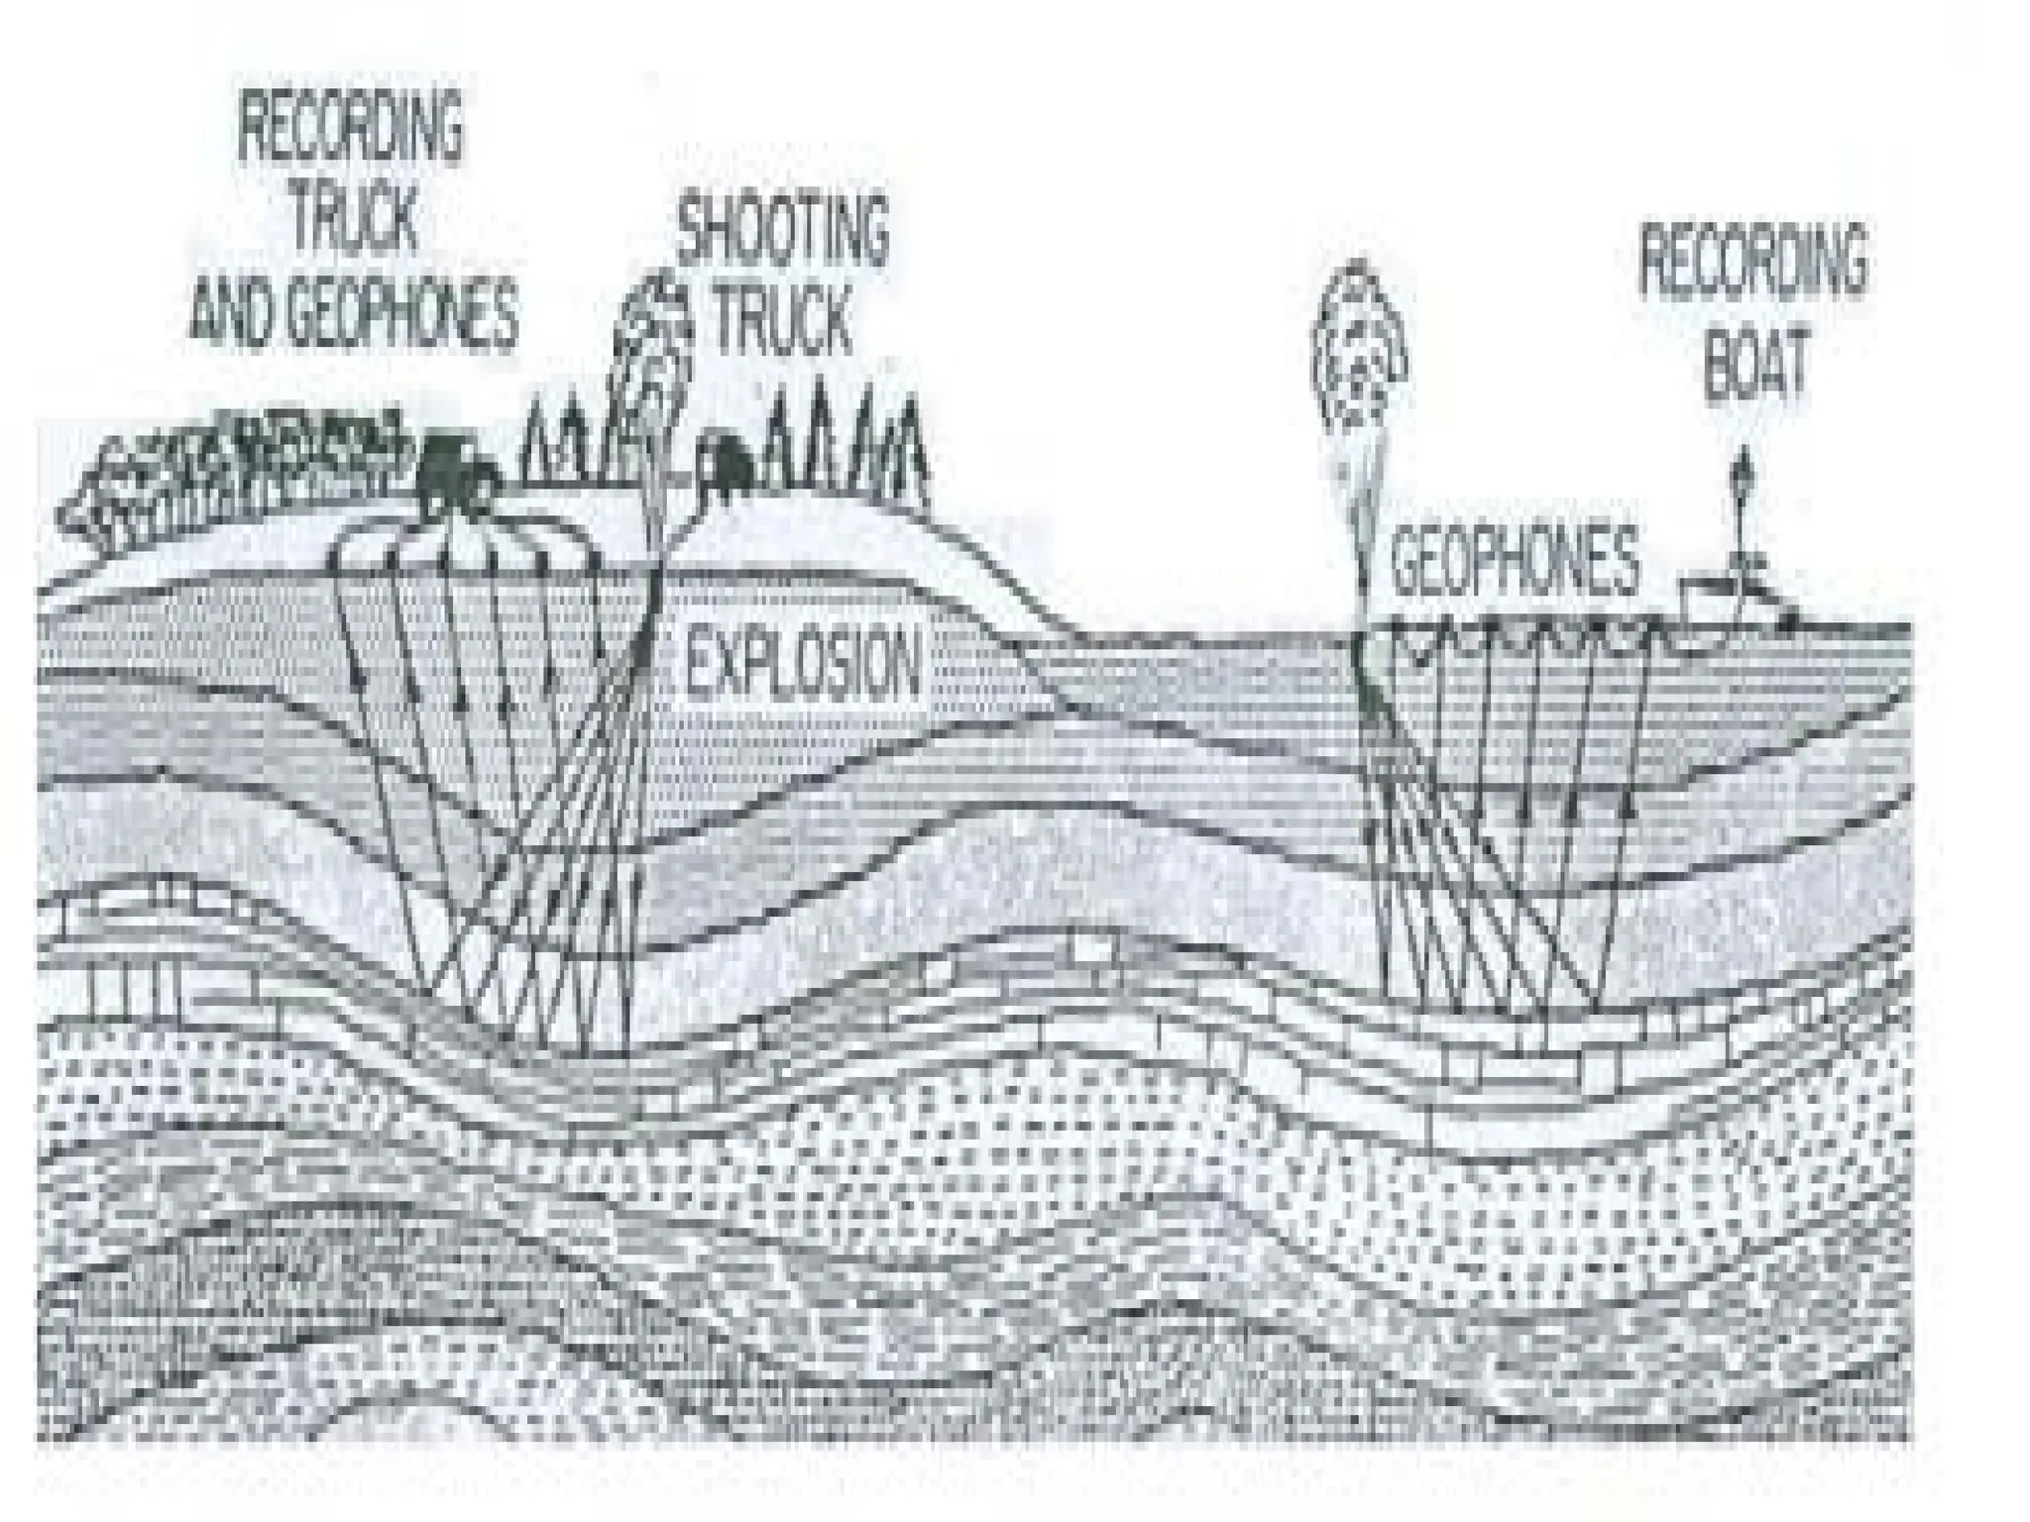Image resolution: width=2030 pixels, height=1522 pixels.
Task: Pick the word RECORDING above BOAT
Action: [x=1752, y=260]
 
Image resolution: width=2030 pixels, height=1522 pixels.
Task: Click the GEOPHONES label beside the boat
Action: [x=1514, y=560]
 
